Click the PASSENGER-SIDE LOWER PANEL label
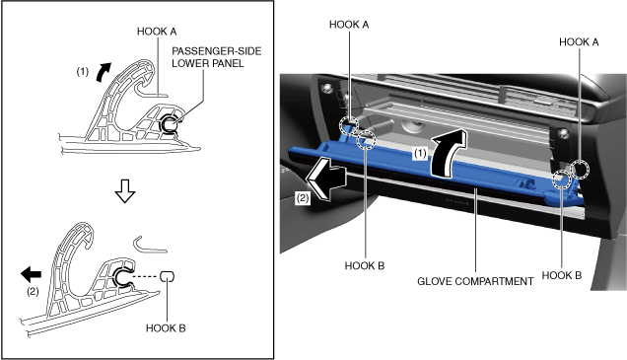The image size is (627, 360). coord(216,57)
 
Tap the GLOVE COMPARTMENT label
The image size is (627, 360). coord(475,282)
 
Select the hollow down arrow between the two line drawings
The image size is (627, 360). coord(125,191)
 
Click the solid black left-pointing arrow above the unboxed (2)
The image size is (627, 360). coord(31,274)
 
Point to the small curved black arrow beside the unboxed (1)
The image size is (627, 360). coord(103,72)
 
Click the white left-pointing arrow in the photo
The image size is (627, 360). coord(325,179)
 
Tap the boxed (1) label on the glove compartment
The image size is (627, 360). coord(420,153)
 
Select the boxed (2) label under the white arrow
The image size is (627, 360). coord(303,198)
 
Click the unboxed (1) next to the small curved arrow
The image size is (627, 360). coord(83,72)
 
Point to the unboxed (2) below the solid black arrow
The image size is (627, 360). coord(33,292)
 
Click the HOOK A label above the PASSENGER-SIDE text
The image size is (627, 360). coord(157,32)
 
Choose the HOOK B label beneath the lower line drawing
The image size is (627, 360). coord(166,328)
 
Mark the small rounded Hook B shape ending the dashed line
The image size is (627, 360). coord(168,276)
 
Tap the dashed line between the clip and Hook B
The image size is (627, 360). coord(146,276)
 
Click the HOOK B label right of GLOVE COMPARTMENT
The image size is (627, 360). coord(561,275)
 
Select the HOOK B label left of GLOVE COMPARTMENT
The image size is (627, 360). coord(365,266)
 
